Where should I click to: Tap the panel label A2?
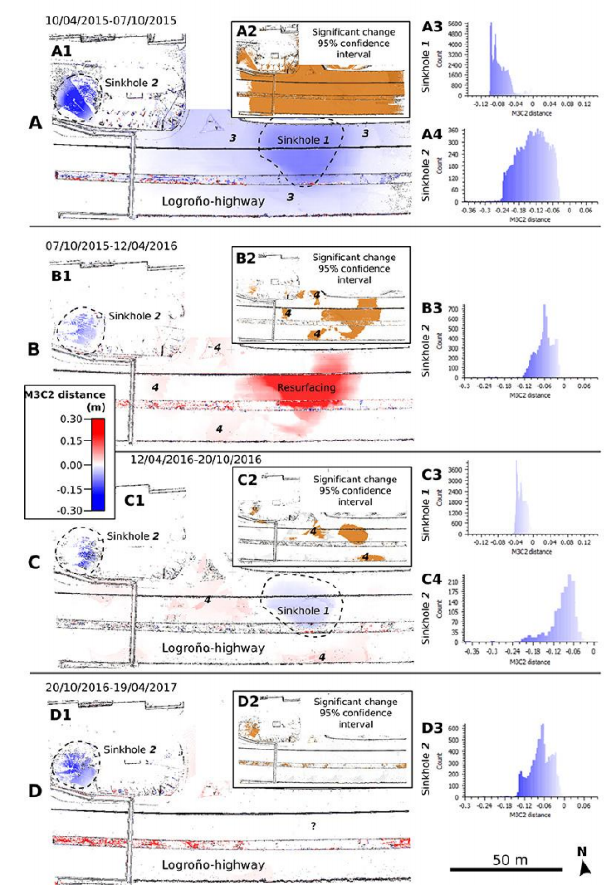point(246,31)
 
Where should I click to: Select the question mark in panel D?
point(313,825)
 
